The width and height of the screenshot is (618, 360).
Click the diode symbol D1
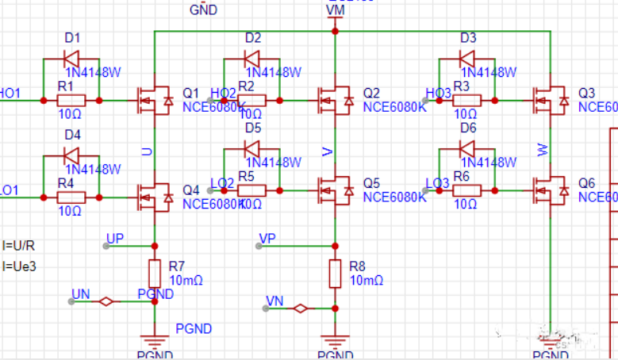[71, 59]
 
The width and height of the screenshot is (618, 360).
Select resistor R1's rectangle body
[71, 101]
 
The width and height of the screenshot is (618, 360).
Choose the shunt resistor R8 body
[336, 273]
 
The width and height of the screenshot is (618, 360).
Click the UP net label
[115, 238]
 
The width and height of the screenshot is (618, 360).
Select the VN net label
[274, 301]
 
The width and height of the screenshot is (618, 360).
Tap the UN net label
[80, 294]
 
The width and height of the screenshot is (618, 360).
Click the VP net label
[267, 238]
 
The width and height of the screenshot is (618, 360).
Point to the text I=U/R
[19, 245]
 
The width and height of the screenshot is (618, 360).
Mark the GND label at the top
[203, 10]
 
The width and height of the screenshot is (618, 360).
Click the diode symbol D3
[468, 59]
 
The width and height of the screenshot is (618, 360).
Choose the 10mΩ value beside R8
[367, 280]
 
